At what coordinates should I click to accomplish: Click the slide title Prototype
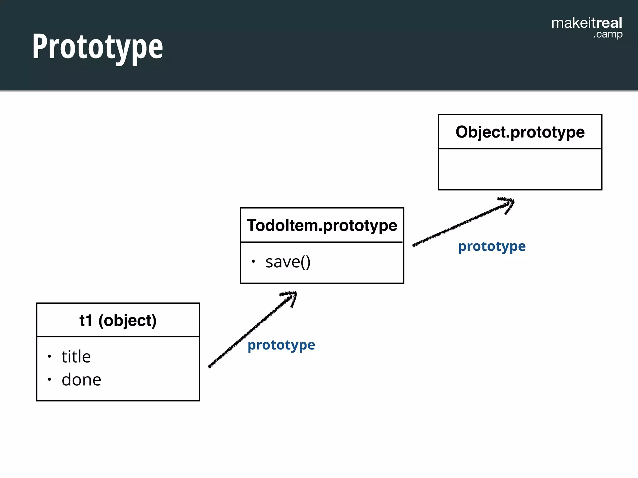98,47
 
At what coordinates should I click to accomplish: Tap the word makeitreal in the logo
586,23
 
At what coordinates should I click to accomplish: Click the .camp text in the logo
607,34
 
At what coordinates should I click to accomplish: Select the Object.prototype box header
520,132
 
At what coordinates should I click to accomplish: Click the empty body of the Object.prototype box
520,169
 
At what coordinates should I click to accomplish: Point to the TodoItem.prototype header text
322,225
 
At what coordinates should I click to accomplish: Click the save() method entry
288,262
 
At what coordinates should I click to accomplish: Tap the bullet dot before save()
253,261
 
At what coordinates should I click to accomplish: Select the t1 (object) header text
118,321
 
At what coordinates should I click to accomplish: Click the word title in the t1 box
76,357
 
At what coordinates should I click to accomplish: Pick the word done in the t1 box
81,380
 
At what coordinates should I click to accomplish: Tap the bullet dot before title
49,356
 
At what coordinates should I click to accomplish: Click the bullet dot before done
49,379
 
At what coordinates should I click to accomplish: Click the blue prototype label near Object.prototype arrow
492,246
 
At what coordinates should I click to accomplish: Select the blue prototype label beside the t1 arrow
281,345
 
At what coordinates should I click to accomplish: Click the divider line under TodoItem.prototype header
322,242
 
